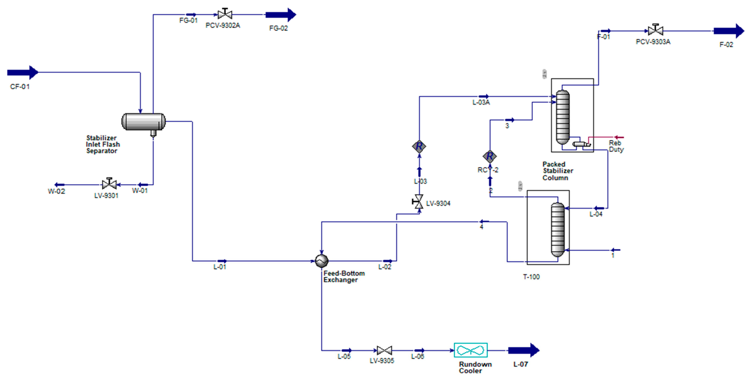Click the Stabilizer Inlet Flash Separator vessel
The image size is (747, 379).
[143, 121]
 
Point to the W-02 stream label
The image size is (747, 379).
[56, 191]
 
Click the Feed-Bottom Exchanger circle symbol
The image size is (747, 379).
[322, 261]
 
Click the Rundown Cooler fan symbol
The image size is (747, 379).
[471, 350]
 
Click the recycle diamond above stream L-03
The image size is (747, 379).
[419, 147]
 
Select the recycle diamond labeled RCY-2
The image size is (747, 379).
[490, 156]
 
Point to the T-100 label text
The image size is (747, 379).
[531, 277]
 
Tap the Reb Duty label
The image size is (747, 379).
[616, 146]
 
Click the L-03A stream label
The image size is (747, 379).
[481, 102]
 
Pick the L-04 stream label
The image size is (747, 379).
[596, 214]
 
